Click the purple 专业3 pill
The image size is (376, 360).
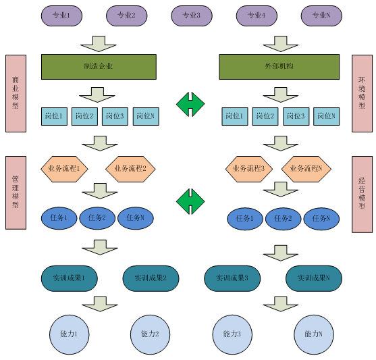click(x=192, y=16)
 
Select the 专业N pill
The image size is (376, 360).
click(x=321, y=16)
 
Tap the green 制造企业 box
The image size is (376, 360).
click(x=99, y=67)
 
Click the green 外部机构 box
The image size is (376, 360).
click(x=279, y=67)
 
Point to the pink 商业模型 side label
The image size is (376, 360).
click(x=16, y=93)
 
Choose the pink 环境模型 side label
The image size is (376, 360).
click(x=362, y=93)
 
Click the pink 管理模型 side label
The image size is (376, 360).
click(x=16, y=192)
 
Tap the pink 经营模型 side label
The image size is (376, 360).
click(x=362, y=195)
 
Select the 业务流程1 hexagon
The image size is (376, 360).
click(x=64, y=170)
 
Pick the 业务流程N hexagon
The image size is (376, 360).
click(x=306, y=170)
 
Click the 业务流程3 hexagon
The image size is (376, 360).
click(x=249, y=170)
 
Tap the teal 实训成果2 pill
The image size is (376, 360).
click(x=151, y=278)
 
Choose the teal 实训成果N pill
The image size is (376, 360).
click(x=314, y=278)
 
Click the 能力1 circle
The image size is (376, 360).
click(x=70, y=334)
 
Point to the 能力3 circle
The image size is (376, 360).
click(x=232, y=334)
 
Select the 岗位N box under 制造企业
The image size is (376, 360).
click(x=146, y=116)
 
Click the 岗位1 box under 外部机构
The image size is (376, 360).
click(x=235, y=116)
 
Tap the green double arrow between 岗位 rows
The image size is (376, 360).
click(x=190, y=105)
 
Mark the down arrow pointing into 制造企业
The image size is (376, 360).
click(x=99, y=44)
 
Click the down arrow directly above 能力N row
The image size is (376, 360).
click(x=281, y=304)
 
